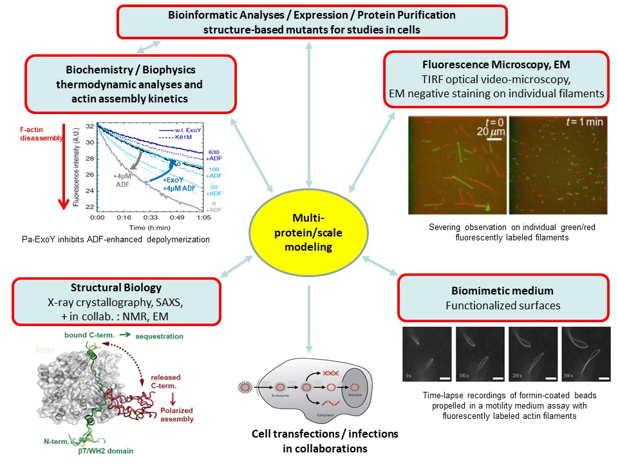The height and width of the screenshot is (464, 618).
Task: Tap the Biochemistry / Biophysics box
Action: [x=129, y=84]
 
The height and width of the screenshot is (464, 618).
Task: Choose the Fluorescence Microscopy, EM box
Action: [x=495, y=80]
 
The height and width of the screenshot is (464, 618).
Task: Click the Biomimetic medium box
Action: [x=503, y=298]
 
